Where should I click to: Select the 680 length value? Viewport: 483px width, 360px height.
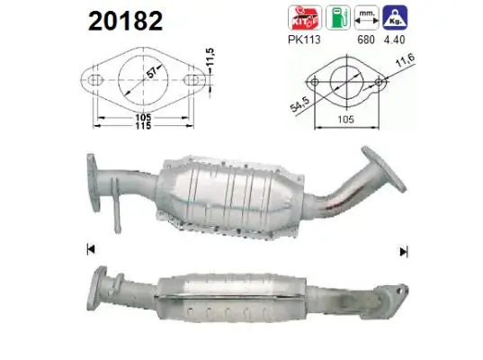[x=365, y=40]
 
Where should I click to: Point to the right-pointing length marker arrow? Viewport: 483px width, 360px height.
[x=403, y=250]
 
